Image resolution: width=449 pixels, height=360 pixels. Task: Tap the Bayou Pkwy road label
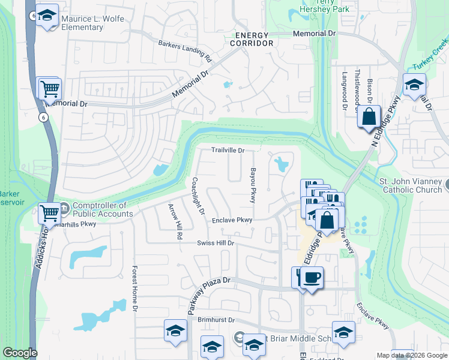[253, 185]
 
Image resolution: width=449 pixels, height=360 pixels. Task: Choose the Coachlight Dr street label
[199, 196]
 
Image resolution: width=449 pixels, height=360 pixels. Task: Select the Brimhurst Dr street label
[215, 320]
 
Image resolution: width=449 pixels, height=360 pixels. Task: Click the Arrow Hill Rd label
[175, 222]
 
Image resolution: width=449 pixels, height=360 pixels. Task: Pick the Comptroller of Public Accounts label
[103, 209]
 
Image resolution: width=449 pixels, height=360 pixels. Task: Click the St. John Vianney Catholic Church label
[412, 185]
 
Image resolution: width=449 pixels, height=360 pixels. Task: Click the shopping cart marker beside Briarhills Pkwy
[50, 212]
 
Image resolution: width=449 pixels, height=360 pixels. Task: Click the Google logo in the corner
[20, 353]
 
